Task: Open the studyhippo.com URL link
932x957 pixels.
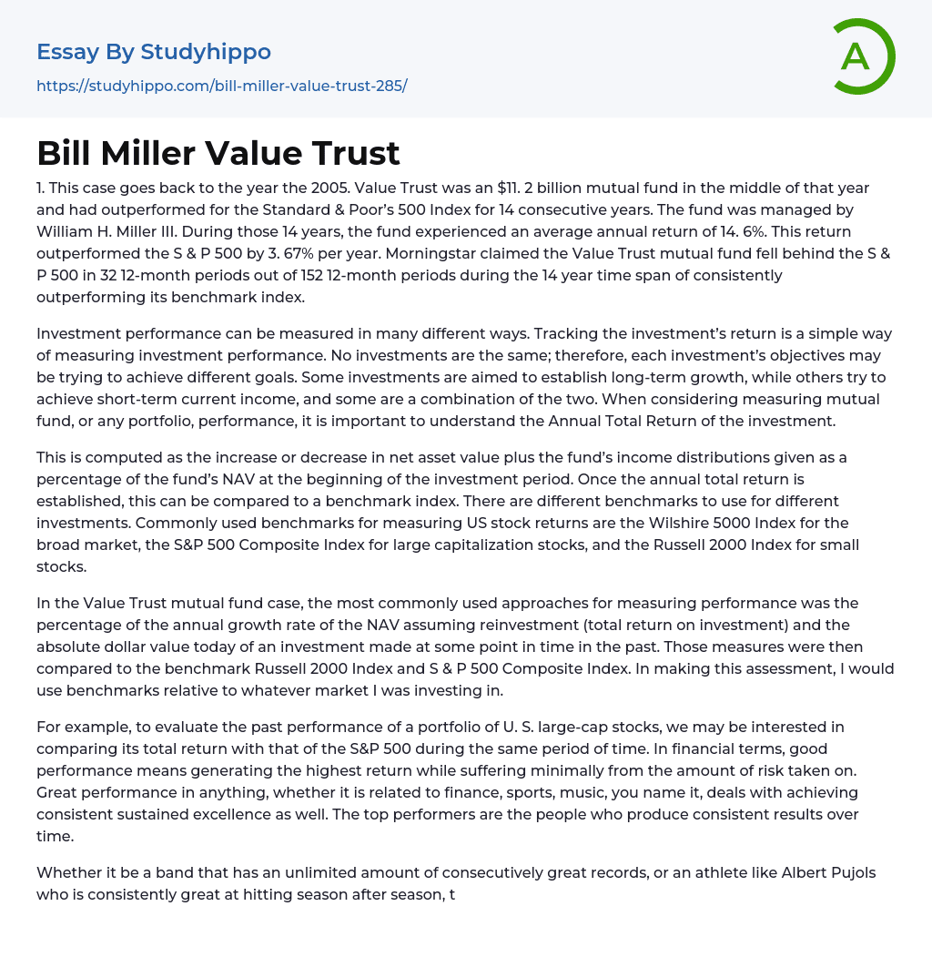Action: click(x=221, y=87)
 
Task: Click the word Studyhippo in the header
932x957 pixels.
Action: click(x=206, y=52)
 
